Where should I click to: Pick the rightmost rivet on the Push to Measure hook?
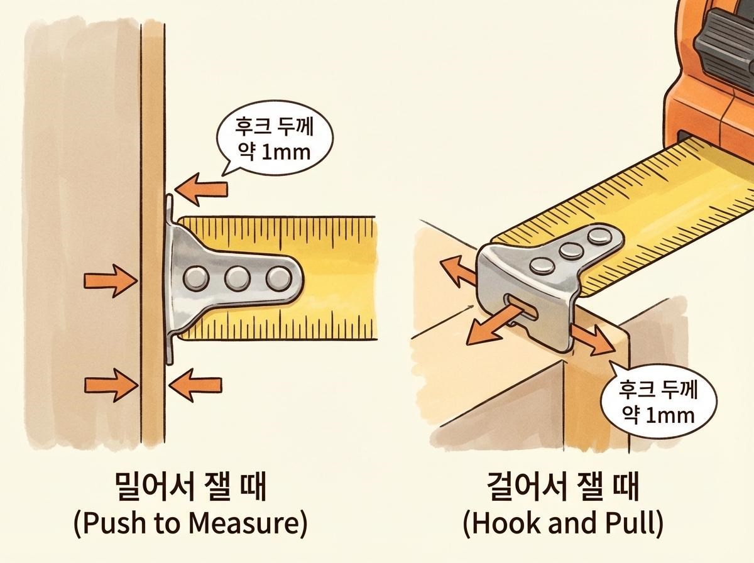pos(277,276)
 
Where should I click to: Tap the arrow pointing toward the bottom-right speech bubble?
pos(591,339)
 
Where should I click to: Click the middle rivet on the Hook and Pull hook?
pos(571,251)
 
